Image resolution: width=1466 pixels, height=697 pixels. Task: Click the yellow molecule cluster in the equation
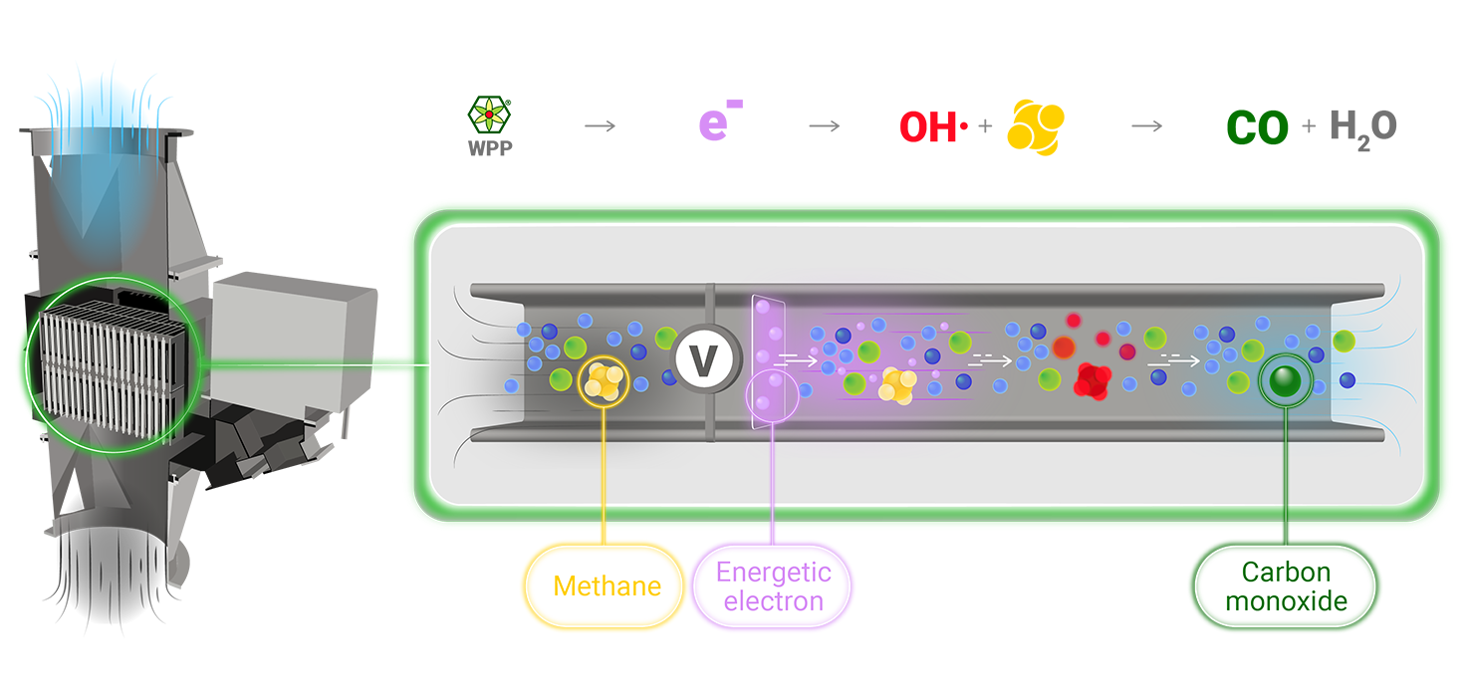1036,126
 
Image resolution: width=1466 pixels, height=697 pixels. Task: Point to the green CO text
1257,128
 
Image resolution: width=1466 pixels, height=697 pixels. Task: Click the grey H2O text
1363,127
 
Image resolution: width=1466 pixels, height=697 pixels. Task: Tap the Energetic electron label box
774,585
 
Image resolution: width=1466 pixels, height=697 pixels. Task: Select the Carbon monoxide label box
1286,585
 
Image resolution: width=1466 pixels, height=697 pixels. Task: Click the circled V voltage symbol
705,360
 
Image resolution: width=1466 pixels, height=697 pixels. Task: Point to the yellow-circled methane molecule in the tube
604,379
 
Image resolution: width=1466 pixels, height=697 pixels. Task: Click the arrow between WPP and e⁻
600,126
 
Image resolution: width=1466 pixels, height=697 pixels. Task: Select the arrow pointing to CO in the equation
1147,126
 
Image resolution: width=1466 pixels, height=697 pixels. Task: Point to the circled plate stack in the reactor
113,365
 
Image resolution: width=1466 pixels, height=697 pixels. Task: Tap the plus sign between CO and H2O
1308,126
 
